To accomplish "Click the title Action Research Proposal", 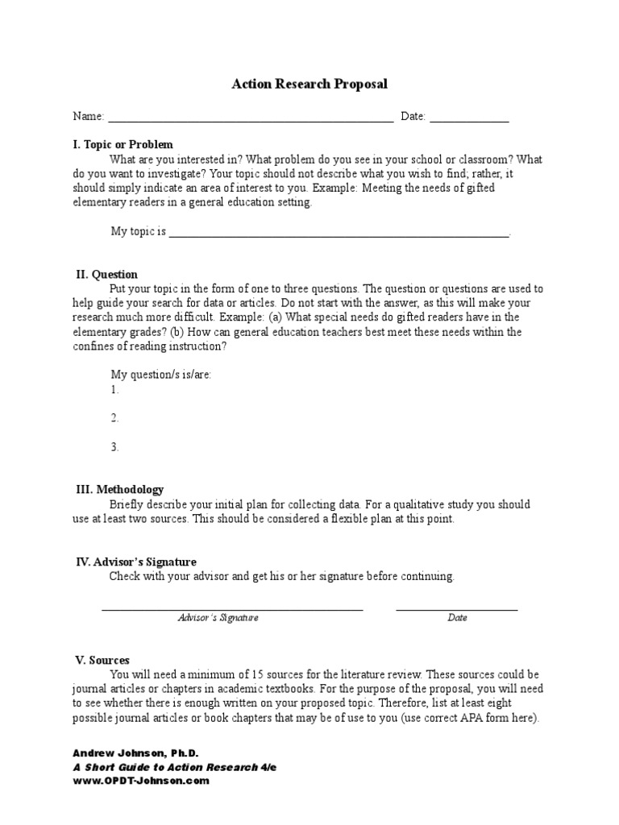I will click(309, 84).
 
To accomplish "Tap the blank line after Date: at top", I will click(469, 120).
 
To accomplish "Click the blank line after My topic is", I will click(339, 234).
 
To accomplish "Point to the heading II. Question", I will click(106, 275).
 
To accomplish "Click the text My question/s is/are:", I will click(161, 375).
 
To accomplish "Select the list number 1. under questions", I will click(115, 390).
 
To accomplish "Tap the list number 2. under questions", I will click(115, 418).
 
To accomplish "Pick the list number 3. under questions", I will click(115, 447).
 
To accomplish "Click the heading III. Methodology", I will click(119, 490).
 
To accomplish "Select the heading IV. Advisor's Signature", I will click(135, 562).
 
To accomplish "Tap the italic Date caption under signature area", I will click(457, 618).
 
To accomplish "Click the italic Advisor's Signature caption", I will click(218, 618).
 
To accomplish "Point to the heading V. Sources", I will click(102, 660).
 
